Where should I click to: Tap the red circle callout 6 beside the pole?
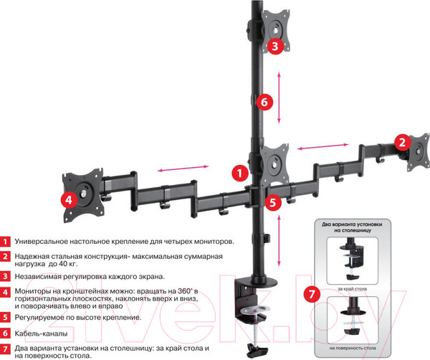pos(263,101)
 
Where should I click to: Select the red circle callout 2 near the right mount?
pos(403,141)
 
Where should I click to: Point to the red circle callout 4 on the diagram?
pos(69,199)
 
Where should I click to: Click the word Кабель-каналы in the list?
pos(43,333)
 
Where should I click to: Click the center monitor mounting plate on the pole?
pos(274,162)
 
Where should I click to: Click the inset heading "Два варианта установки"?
pos(356,224)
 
